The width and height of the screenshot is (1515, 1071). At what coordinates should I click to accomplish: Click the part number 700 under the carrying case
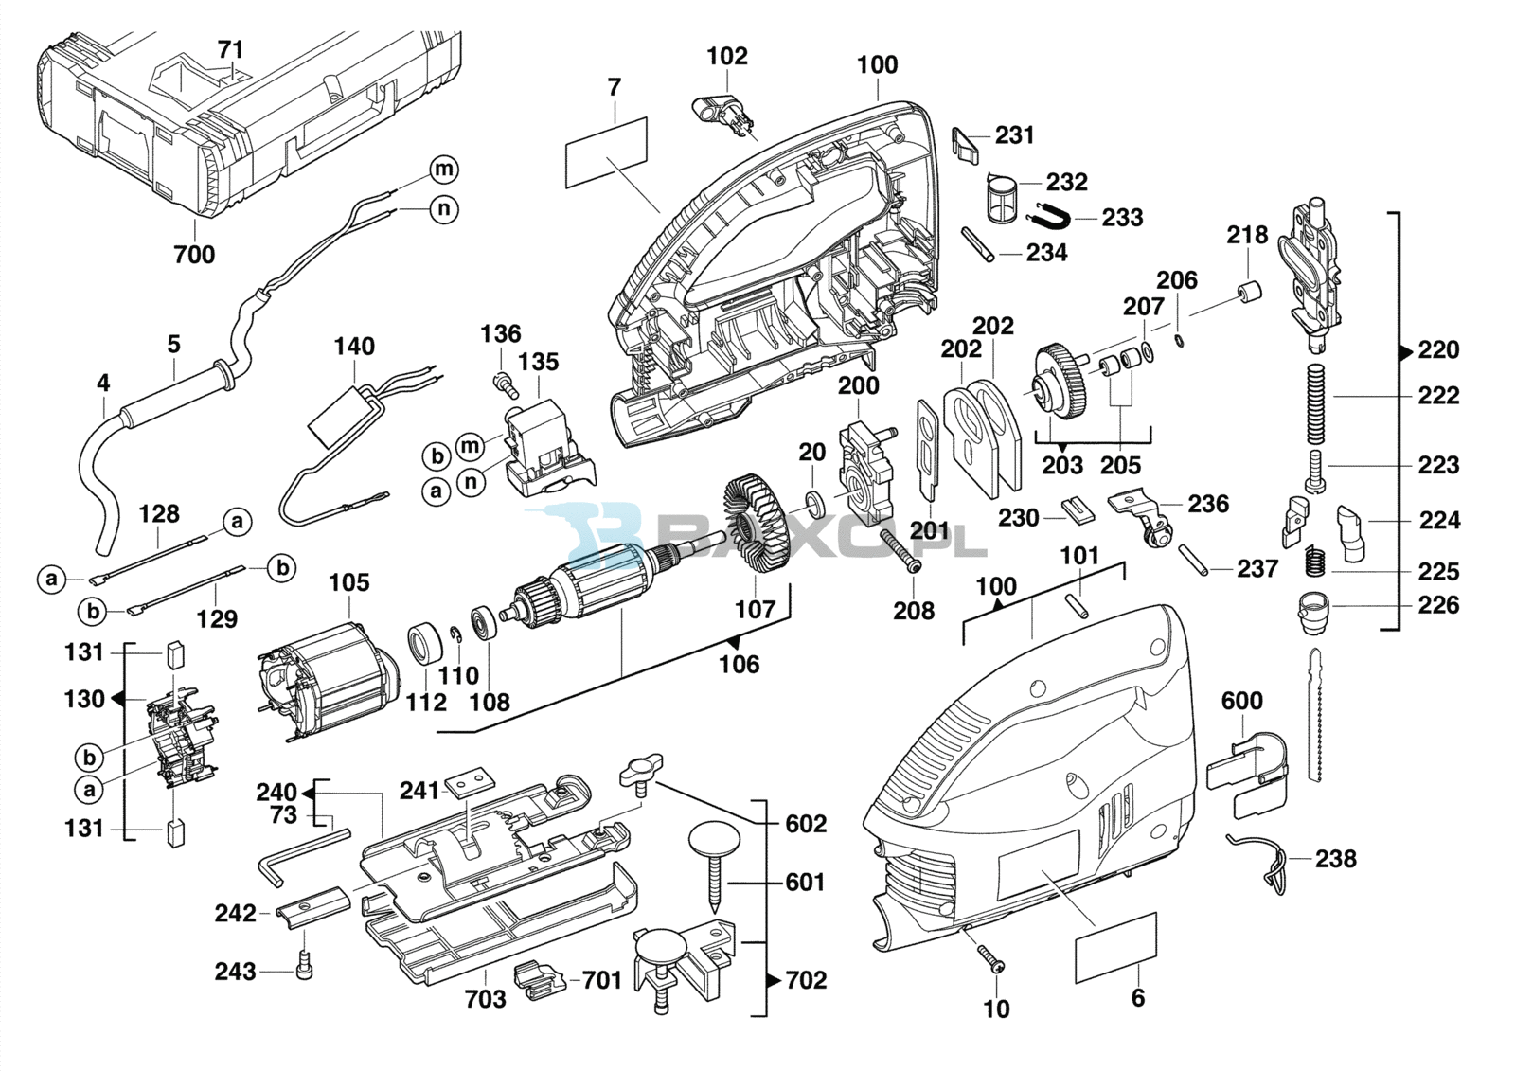point(194,255)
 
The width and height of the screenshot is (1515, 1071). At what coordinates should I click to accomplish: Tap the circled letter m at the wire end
point(444,169)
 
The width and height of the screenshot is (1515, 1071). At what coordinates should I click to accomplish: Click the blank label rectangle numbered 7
point(606,152)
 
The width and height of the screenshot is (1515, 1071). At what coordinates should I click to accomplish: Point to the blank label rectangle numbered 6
point(1115,947)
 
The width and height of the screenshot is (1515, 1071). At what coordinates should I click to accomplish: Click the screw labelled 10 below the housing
point(990,957)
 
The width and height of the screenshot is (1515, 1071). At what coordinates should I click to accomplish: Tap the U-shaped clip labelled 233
point(1047,216)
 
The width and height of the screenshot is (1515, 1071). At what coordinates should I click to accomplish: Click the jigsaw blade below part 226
point(1314,715)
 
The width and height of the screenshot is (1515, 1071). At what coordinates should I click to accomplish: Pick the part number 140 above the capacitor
point(354,347)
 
